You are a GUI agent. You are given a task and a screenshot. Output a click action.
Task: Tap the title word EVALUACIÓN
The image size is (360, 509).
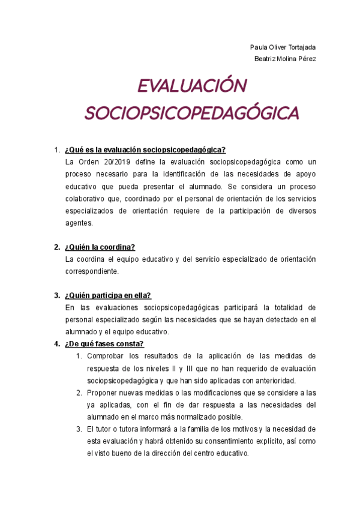(x=191, y=86)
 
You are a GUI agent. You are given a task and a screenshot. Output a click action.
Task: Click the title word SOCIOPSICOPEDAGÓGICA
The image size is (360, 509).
(x=191, y=113)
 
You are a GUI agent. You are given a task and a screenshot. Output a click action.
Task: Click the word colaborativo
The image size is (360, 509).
(x=85, y=199)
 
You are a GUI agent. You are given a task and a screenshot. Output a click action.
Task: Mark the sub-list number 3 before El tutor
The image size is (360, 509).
(x=79, y=429)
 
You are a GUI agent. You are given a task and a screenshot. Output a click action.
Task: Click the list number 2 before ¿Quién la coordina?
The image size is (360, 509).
(x=56, y=247)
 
